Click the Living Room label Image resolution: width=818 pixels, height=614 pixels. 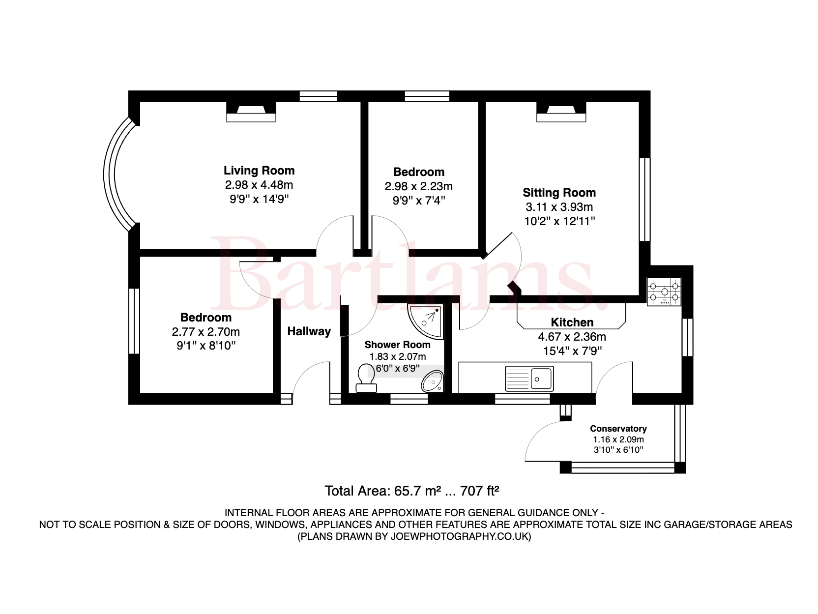coord(259,171)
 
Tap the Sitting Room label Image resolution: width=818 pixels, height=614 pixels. coord(559,193)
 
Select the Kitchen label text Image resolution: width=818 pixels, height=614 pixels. coord(572,322)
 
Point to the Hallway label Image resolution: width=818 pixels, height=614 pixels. coord(309,331)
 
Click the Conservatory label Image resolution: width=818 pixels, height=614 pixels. coord(618,429)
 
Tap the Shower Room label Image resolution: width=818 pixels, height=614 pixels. coord(397,345)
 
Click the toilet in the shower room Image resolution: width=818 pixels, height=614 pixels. coord(366,378)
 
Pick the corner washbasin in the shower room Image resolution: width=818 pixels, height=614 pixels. coord(433,381)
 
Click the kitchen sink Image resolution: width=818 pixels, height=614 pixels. coord(529,379)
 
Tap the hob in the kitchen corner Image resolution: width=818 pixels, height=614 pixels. coord(664,292)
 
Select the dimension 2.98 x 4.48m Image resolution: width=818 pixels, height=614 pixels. coord(259,185)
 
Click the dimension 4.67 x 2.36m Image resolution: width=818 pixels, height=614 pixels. coord(572,337)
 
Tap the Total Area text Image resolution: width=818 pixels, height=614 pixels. coord(412,491)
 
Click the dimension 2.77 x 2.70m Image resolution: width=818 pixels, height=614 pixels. coord(205,332)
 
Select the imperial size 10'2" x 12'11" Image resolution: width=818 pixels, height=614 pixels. coord(559,221)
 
